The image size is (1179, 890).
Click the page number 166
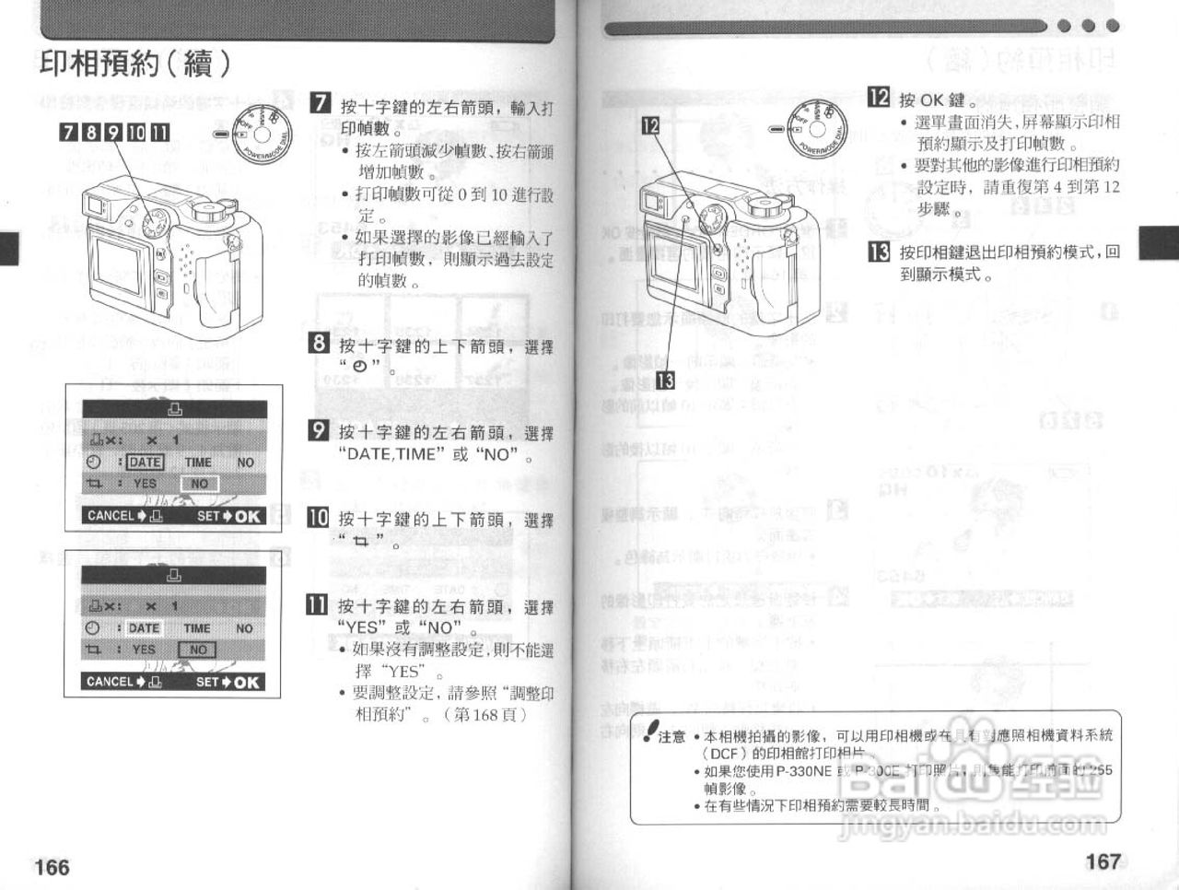pyautogui.click(x=52, y=867)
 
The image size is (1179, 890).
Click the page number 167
pyautogui.click(x=1103, y=861)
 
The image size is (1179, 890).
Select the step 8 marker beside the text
pyautogui.click(x=318, y=344)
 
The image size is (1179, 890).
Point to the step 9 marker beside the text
pyautogui.click(x=318, y=430)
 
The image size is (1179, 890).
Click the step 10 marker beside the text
pyautogui.click(x=318, y=517)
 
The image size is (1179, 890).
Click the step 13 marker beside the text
pyautogui.click(x=879, y=252)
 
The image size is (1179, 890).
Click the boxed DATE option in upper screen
pyautogui.click(x=145, y=463)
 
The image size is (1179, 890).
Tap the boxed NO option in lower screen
pyautogui.click(x=198, y=650)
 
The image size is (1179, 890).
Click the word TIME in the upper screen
pyautogui.click(x=197, y=463)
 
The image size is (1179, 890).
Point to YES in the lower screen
pyautogui.click(x=145, y=650)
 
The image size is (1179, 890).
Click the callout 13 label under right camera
pyautogui.click(x=664, y=381)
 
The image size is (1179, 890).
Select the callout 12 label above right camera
pyautogui.click(x=650, y=125)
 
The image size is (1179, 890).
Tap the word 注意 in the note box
pyautogui.click(x=671, y=736)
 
